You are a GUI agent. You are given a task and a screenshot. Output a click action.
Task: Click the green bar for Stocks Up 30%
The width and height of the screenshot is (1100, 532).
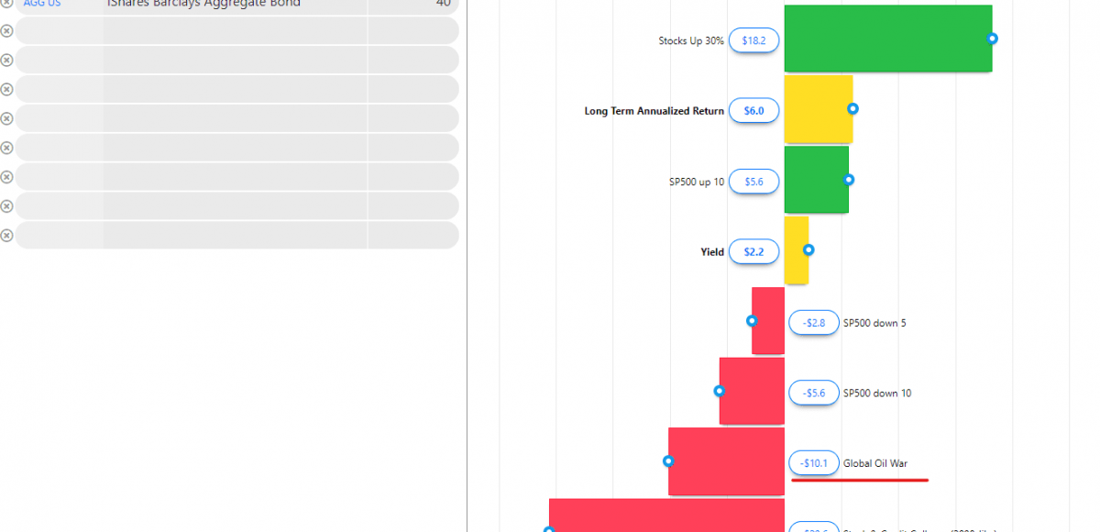tap(887, 39)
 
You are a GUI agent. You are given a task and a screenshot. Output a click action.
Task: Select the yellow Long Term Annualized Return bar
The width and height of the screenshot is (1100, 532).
tap(818, 109)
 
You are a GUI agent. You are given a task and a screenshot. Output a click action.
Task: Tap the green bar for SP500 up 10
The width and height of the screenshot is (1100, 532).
tap(816, 180)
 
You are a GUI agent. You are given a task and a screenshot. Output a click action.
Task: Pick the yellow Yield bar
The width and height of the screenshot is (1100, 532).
tap(796, 250)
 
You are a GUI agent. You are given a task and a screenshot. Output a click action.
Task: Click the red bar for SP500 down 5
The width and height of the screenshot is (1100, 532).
tap(768, 321)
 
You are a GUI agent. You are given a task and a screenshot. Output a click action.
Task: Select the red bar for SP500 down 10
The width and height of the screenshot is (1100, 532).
tap(752, 392)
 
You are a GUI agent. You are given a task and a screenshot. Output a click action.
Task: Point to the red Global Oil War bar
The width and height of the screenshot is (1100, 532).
tap(726, 461)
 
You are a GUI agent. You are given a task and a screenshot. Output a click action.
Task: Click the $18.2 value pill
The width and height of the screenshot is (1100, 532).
tap(753, 40)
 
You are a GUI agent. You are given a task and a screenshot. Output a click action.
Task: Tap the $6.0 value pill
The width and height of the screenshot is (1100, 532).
tap(753, 111)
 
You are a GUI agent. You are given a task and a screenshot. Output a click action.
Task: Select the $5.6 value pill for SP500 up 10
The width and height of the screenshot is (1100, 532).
tap(753, 182)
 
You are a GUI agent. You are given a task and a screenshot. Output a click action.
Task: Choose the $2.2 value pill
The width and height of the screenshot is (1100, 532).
tap(753, 252)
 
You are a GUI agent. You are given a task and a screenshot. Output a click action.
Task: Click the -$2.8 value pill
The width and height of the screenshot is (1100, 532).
tap(813, 323)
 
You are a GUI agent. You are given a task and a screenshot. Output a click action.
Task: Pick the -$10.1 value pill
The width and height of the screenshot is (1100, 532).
tap(813, 463)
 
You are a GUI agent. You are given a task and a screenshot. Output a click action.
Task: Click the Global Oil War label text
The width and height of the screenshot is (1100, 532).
tap(875, 463)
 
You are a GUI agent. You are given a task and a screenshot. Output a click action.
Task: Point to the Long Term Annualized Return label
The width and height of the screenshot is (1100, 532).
tap(654, 111)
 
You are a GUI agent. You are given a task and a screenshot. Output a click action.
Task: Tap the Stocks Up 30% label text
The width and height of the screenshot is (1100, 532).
tap(690, 41)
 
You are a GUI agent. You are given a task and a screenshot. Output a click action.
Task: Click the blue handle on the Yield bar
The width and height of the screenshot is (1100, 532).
tap(808, 249)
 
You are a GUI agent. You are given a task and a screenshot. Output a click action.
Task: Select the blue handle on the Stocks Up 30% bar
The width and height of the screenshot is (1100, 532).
tap(992, 39)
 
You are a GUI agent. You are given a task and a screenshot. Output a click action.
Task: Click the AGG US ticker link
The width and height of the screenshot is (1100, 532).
tap(41, 4)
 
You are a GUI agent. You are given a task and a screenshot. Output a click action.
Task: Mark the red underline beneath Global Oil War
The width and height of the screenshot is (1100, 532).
tap(860, 479)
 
